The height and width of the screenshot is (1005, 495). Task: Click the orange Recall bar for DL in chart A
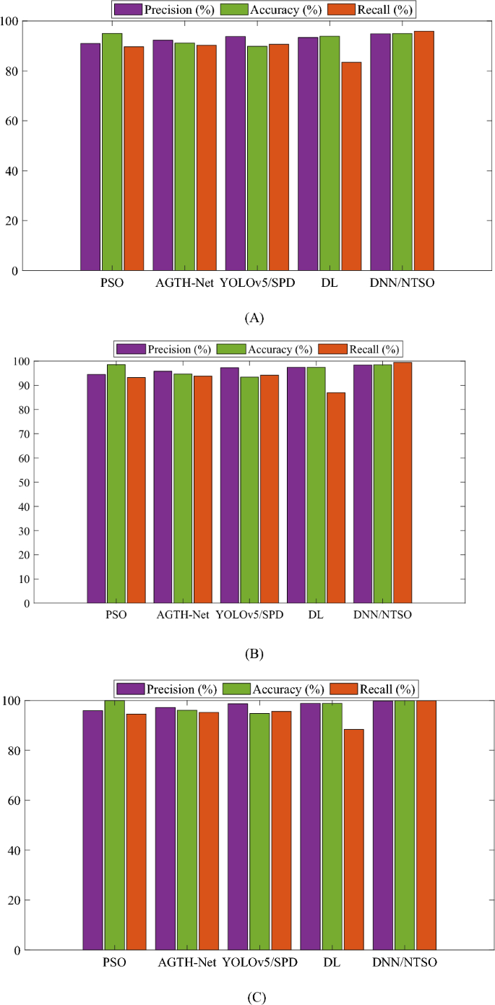coord(351,166)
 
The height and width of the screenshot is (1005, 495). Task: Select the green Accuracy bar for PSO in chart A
coord(112,152)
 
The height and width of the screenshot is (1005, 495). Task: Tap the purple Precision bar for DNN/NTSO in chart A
coord(380,152)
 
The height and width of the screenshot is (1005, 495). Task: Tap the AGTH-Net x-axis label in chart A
coord(184,282)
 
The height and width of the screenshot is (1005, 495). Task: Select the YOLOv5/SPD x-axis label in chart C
coord(259,962)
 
